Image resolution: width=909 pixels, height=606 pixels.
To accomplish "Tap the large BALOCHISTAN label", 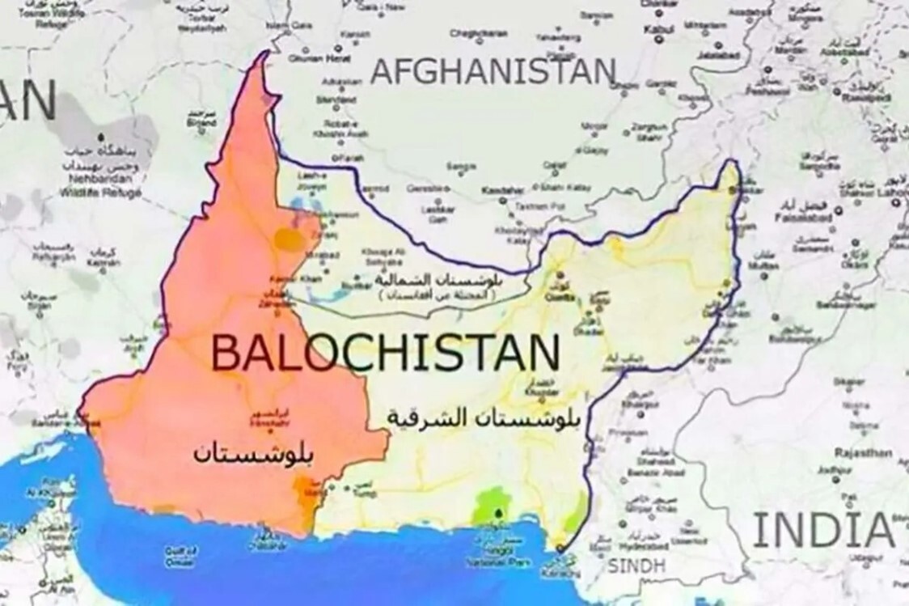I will click(x=385, y=354).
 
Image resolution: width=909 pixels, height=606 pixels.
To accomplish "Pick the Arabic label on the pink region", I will click(x=252, y=453).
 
